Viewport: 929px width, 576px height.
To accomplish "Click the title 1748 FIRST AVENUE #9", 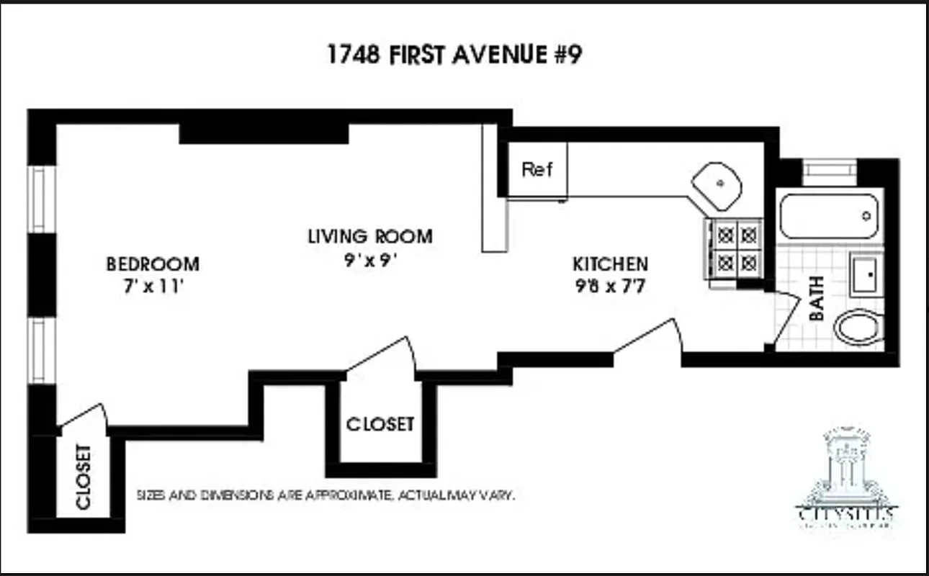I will point(454,55).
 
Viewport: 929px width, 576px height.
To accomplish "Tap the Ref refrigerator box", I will point(537,170).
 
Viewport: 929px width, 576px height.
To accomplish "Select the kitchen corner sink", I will point(717,185).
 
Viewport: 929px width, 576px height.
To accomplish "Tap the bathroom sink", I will point(864,274).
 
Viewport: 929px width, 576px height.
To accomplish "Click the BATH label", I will point(817,298).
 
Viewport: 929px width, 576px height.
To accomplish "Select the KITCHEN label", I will point(610,264).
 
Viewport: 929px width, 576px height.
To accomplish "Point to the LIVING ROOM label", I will point(370,236).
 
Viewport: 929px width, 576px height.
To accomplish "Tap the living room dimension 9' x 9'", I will point(371,260).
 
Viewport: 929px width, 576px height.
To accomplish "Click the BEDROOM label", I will point(153,264).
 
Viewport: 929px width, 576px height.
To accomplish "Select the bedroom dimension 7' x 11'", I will point(152,287).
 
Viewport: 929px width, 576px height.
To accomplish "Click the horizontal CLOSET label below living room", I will point(380,424).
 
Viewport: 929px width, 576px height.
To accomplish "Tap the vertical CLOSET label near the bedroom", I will point(83,477).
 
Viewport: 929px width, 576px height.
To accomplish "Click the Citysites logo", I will point(847,479).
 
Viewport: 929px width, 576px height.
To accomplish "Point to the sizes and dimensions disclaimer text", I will point(326,496).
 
